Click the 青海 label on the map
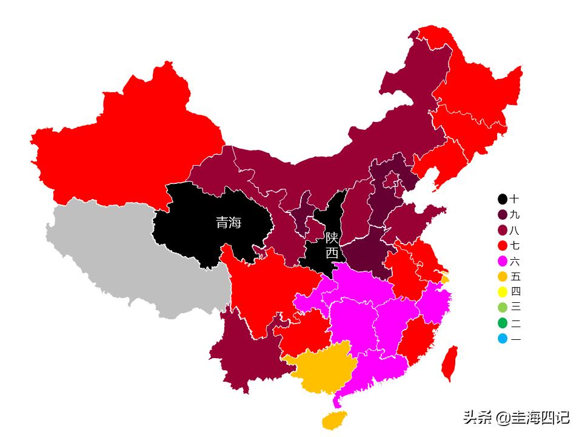pos(229,223)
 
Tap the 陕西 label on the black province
pos(332,245)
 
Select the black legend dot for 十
pos(503,199)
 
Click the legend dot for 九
pos(503,215)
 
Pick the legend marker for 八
pos(503,231)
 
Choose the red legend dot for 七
pos(503,246)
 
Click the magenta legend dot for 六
pos(503,262)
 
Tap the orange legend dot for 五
pos(503,277)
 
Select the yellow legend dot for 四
pos(503,291)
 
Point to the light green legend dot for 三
pos(503,307)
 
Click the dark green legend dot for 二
pos(503,323)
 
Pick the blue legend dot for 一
pos(503,339)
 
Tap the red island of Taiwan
pos(449,364)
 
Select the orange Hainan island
pos(334,419)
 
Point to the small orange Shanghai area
pos(446,279)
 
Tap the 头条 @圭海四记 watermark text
pos(516,418)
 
